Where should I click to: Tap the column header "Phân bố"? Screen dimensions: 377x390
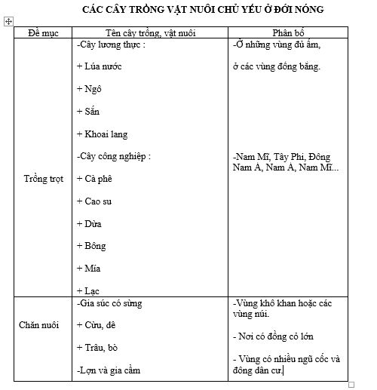(287, 32)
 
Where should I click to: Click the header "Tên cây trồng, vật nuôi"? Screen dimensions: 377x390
(146, 32)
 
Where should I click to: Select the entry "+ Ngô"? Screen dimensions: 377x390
(90, 89)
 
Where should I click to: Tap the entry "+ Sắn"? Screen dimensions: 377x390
(89, 112)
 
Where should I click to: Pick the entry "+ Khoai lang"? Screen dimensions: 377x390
(103, 134)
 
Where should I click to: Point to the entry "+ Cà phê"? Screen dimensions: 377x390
(97, 179)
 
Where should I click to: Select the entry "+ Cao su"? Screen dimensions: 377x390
(96, 201)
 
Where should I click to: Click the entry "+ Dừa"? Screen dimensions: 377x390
(90, 224)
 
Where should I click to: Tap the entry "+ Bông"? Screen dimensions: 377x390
(91, 246)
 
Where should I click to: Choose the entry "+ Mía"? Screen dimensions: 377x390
(89, 269)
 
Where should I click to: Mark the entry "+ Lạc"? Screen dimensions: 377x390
(88, 290)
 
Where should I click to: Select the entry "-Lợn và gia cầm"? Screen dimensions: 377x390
(109, 370)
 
